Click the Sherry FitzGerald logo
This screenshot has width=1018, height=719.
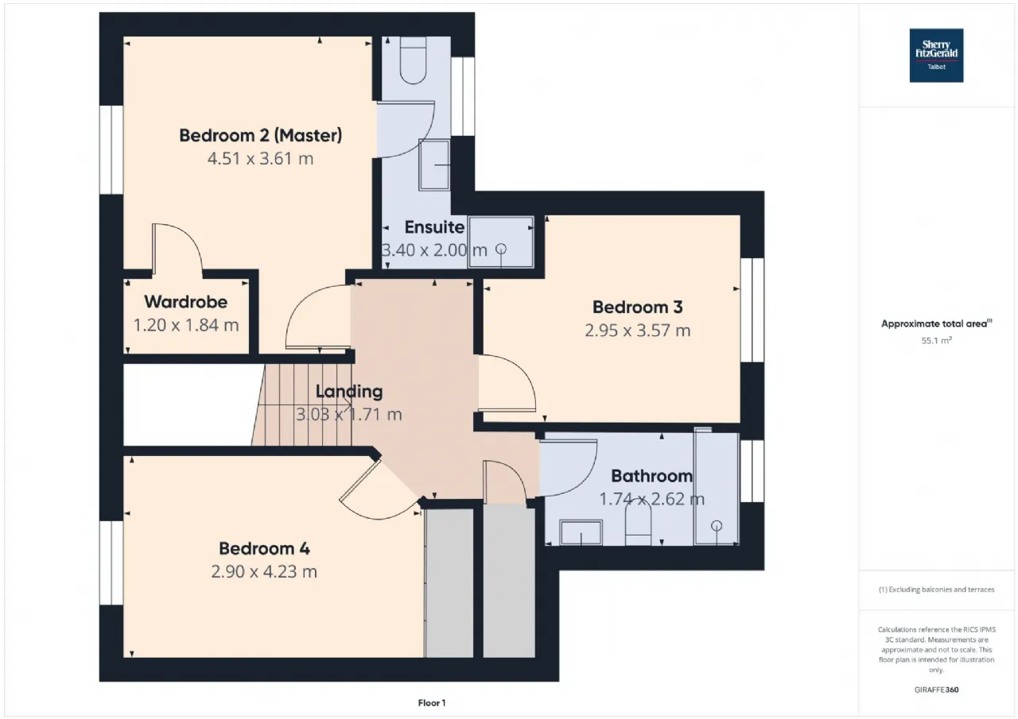[936, 56]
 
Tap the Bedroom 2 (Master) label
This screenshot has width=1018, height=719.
[260, 135]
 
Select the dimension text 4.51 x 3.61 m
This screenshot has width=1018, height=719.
[260, 159]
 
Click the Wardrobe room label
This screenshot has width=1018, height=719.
[186, 302]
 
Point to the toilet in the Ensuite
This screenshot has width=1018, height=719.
[413, 60]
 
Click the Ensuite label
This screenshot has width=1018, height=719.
[434, 227]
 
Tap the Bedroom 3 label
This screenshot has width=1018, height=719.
[638, 307]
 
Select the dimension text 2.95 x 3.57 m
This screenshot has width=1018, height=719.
[638, 331]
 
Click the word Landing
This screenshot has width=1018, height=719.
[349, 391]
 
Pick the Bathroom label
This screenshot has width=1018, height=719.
[651, 476]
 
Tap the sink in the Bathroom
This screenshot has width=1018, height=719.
[581, 532]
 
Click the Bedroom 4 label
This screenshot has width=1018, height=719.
[265, 548]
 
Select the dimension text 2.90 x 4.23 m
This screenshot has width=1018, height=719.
[264, 571]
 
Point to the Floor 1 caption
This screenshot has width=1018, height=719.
[432, 703]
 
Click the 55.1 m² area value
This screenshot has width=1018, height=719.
[936, 341]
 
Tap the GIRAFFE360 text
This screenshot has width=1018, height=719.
[937, 690]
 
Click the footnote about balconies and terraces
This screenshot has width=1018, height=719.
[937, 590]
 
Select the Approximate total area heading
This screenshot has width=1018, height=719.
[937, 323]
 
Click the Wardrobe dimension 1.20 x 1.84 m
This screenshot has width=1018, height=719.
[186, 325]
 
